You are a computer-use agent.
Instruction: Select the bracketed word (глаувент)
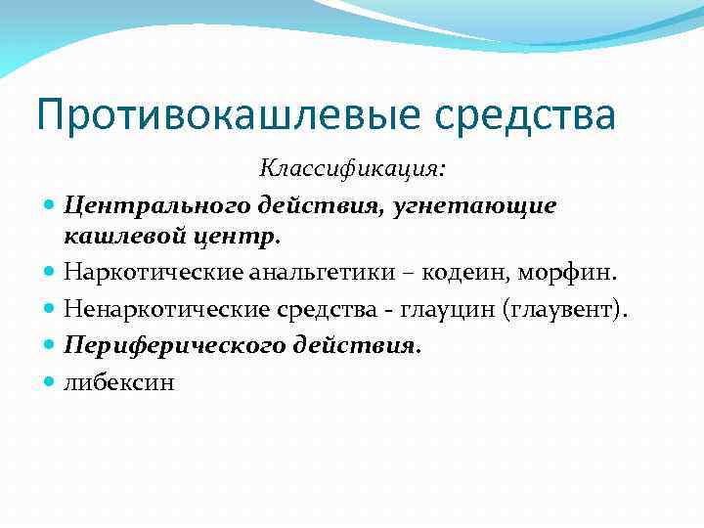tap(565, 310)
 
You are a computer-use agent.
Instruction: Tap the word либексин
tap(119, 382)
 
